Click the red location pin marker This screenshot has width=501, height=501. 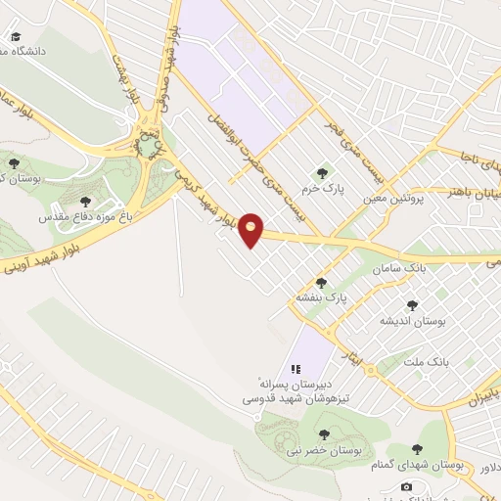point(251,229)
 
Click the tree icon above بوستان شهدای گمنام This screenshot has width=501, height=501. point(417,448)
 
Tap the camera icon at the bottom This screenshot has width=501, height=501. point(407,486)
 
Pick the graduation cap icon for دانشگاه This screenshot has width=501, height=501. point(17,36)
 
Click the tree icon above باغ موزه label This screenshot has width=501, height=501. point(85,201)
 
